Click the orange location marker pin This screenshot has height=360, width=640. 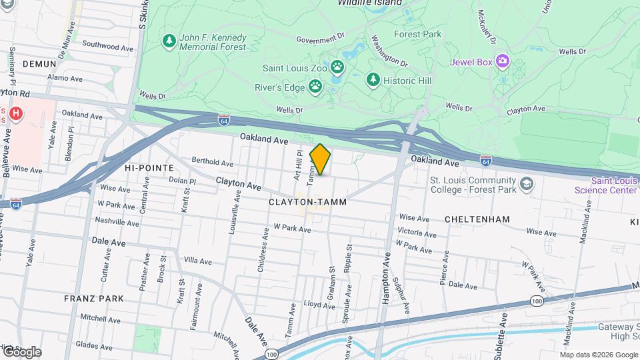(321, 159)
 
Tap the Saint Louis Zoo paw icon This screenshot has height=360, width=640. (339, 67)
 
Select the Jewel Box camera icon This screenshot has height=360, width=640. (501, 62)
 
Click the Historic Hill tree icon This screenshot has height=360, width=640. (373, 80)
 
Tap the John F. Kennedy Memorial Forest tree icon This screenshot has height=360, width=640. (169, 42)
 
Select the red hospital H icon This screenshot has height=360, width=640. (17, 114)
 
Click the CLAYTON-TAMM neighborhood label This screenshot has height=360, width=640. (307, 201)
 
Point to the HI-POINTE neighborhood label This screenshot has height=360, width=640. (149, 168)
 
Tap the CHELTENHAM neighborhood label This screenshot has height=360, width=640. (477, 219)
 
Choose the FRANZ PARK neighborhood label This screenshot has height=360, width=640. (94, 299)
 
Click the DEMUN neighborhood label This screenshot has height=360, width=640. (38, 63)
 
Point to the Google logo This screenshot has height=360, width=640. (22, 351)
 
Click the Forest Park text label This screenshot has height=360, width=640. (417, 33)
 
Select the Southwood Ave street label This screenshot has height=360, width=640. (107, 47)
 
